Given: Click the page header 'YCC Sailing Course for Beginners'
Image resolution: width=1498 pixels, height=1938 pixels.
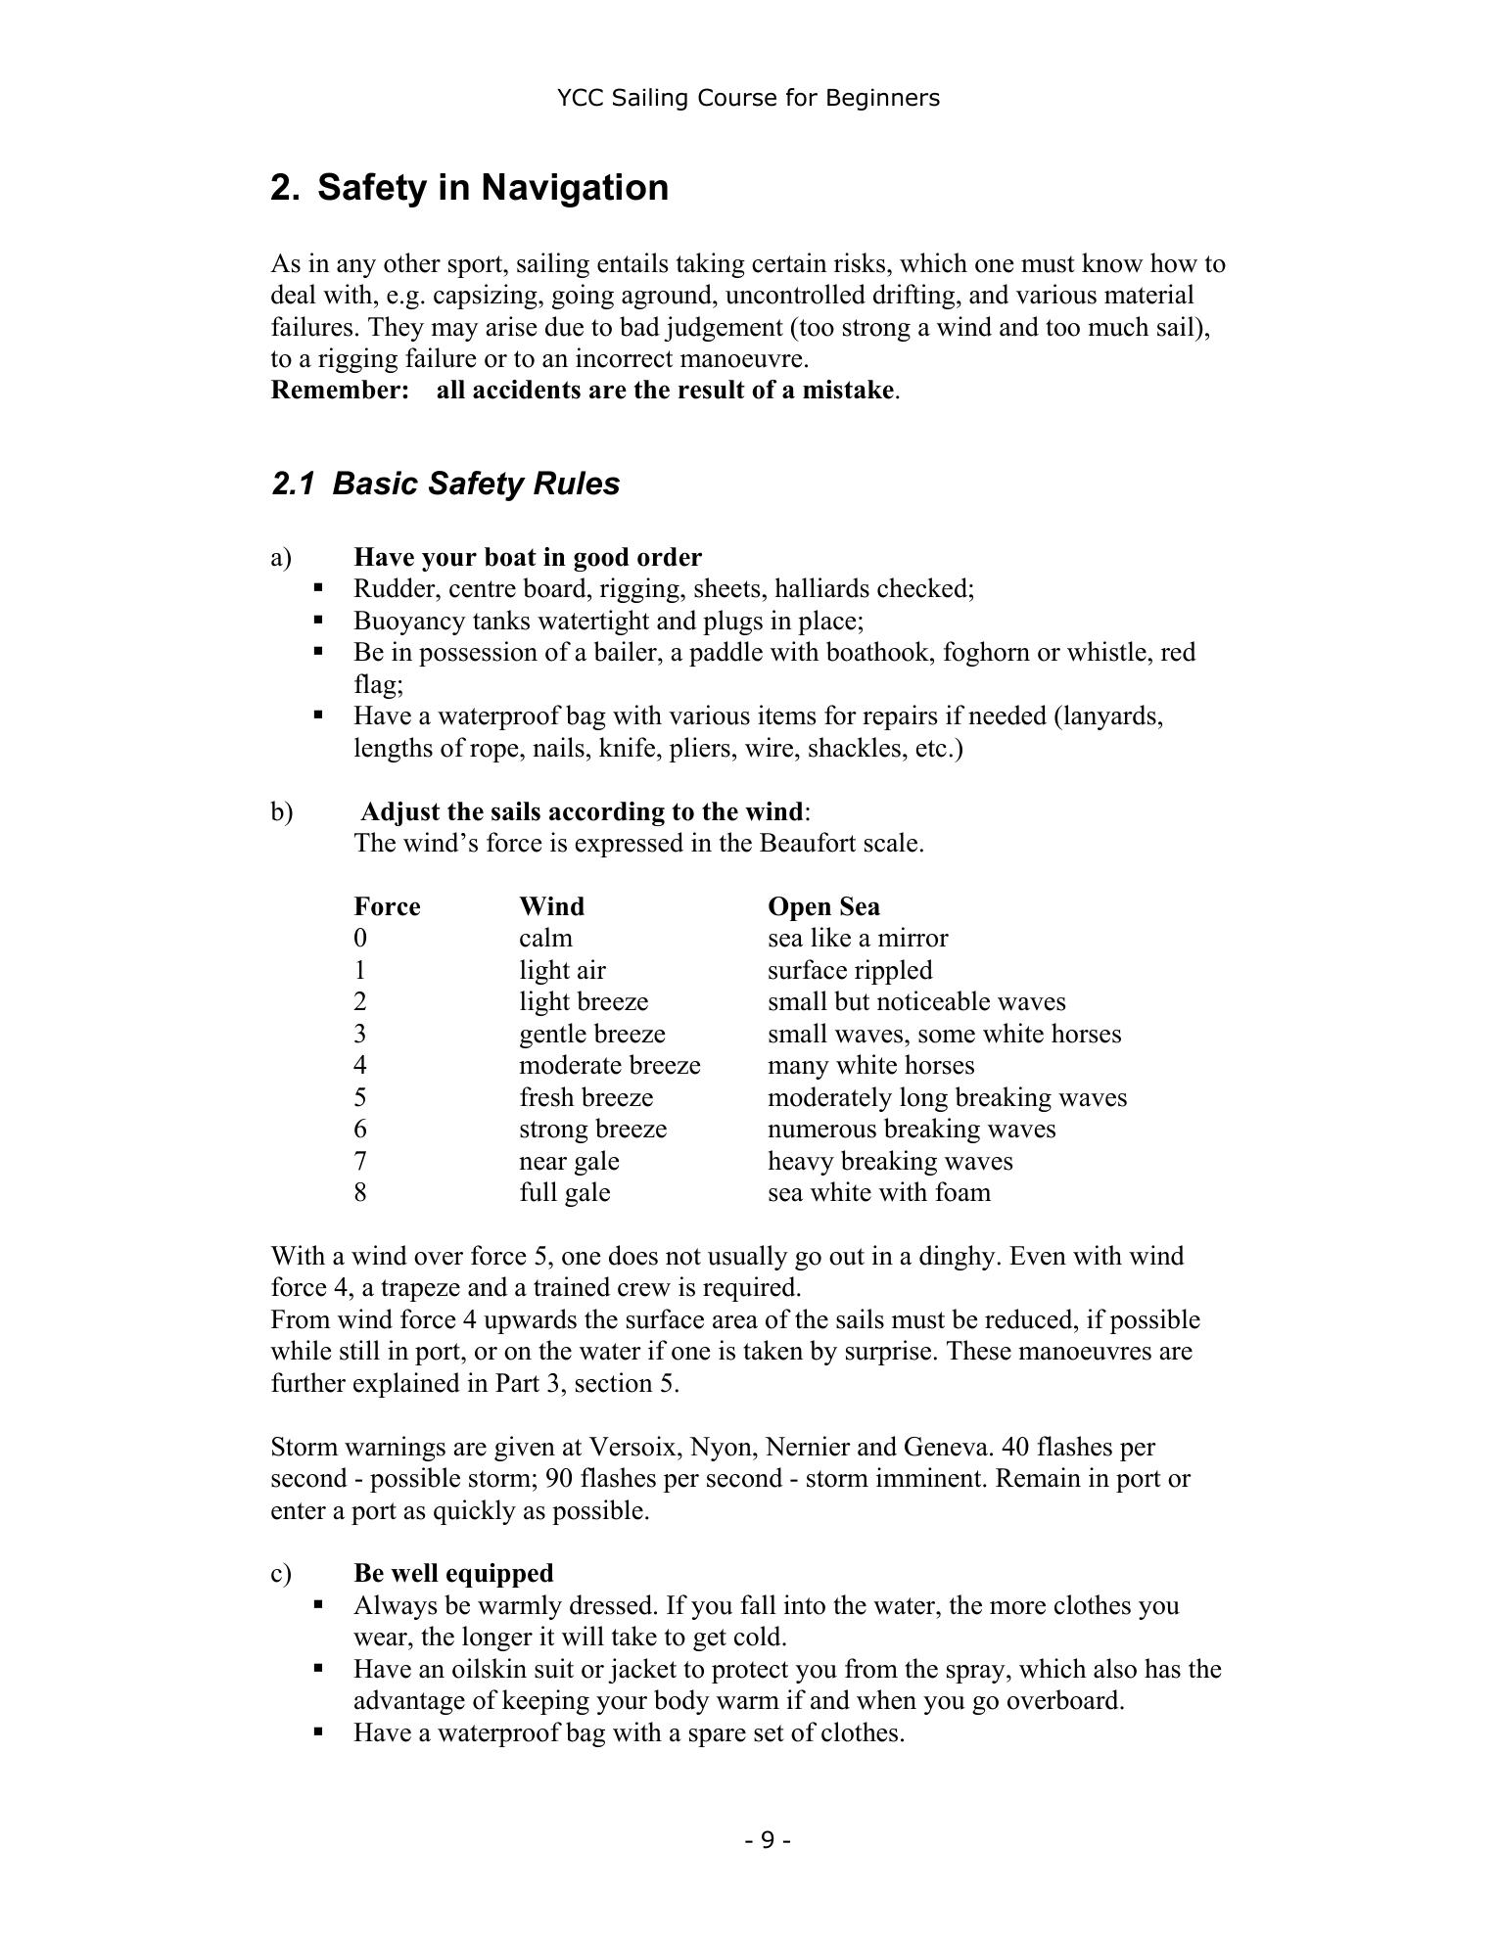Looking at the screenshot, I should click(748, 98).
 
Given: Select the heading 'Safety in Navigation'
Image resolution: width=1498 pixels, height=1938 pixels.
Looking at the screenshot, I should click(492, 187).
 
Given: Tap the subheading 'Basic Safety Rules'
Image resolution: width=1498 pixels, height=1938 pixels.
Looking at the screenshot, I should click(476, 484).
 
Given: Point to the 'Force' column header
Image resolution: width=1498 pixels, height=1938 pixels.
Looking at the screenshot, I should click(387, 906).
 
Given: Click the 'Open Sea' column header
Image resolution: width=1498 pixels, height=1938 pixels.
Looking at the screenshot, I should click(823, 906).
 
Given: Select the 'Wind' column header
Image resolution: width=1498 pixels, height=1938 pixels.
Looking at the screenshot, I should click(551, 906).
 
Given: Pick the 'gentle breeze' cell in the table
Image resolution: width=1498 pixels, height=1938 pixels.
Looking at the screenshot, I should click(591, 1034).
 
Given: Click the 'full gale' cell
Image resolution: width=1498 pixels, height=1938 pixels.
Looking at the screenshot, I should click(564, 1192).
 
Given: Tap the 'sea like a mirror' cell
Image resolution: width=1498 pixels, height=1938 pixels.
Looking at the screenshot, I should click(858, 938).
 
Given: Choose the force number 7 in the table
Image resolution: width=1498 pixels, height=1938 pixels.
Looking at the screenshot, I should click(360, 1161).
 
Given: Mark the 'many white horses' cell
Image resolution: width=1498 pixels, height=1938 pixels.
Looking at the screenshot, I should click(870, 1065).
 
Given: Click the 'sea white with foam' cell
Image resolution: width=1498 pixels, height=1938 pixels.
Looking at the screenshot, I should click(878, 1192).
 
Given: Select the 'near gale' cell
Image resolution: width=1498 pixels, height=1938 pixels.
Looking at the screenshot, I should click(569, 1161).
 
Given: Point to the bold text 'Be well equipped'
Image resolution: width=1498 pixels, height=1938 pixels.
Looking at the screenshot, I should click(453, 1573).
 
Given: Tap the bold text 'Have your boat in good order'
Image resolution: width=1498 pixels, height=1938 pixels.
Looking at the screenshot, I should click(528, 557).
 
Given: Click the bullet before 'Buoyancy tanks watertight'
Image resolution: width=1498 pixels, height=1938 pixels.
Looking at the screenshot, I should click(318, 620).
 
